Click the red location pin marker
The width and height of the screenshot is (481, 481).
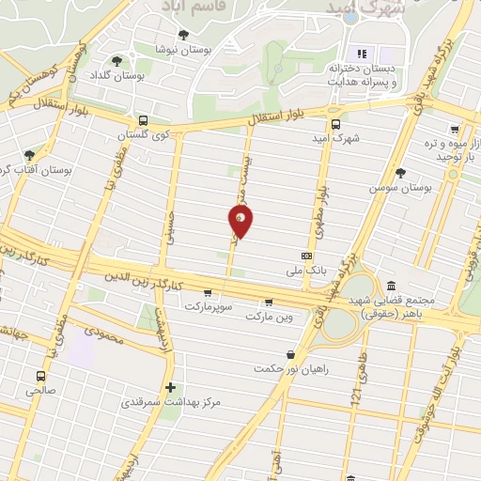tap(240, 222)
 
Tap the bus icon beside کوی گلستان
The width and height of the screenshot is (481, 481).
tap(143, 120)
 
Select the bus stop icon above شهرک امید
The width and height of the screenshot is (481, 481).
tap(335, 122)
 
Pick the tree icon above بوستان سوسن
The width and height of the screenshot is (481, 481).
tap(401, 173)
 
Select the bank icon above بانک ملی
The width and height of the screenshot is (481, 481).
tap(306, 255)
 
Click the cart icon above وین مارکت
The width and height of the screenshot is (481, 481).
tap(270, 303)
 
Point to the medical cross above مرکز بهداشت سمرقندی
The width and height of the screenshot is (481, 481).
tap(170, 387)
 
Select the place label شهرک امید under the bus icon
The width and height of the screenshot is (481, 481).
tap(335, 137)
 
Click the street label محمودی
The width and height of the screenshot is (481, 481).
tap(103, 333)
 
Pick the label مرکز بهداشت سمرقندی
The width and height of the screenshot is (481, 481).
tap(170, 403)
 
